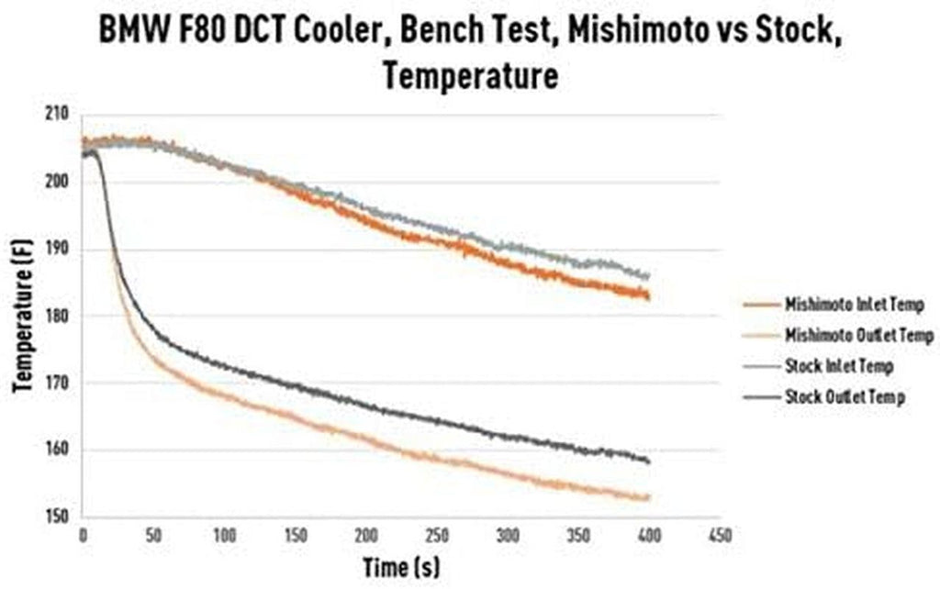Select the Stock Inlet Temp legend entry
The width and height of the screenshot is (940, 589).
click(838, 366)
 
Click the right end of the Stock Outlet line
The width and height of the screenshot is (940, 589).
click(649, 461)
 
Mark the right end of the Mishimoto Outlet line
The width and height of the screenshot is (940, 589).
click(649, 498)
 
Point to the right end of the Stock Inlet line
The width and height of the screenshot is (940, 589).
click(649, 276)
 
